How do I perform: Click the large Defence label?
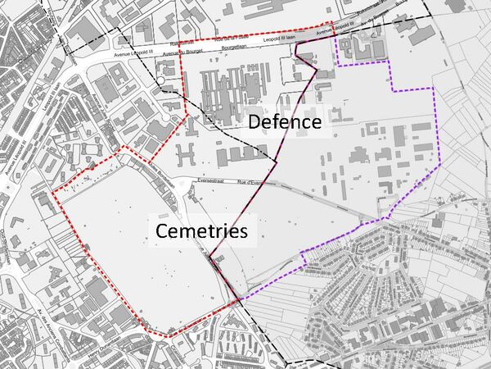[284, 122]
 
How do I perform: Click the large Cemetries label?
[201, 231]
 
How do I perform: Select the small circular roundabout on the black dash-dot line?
[304, 58]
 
